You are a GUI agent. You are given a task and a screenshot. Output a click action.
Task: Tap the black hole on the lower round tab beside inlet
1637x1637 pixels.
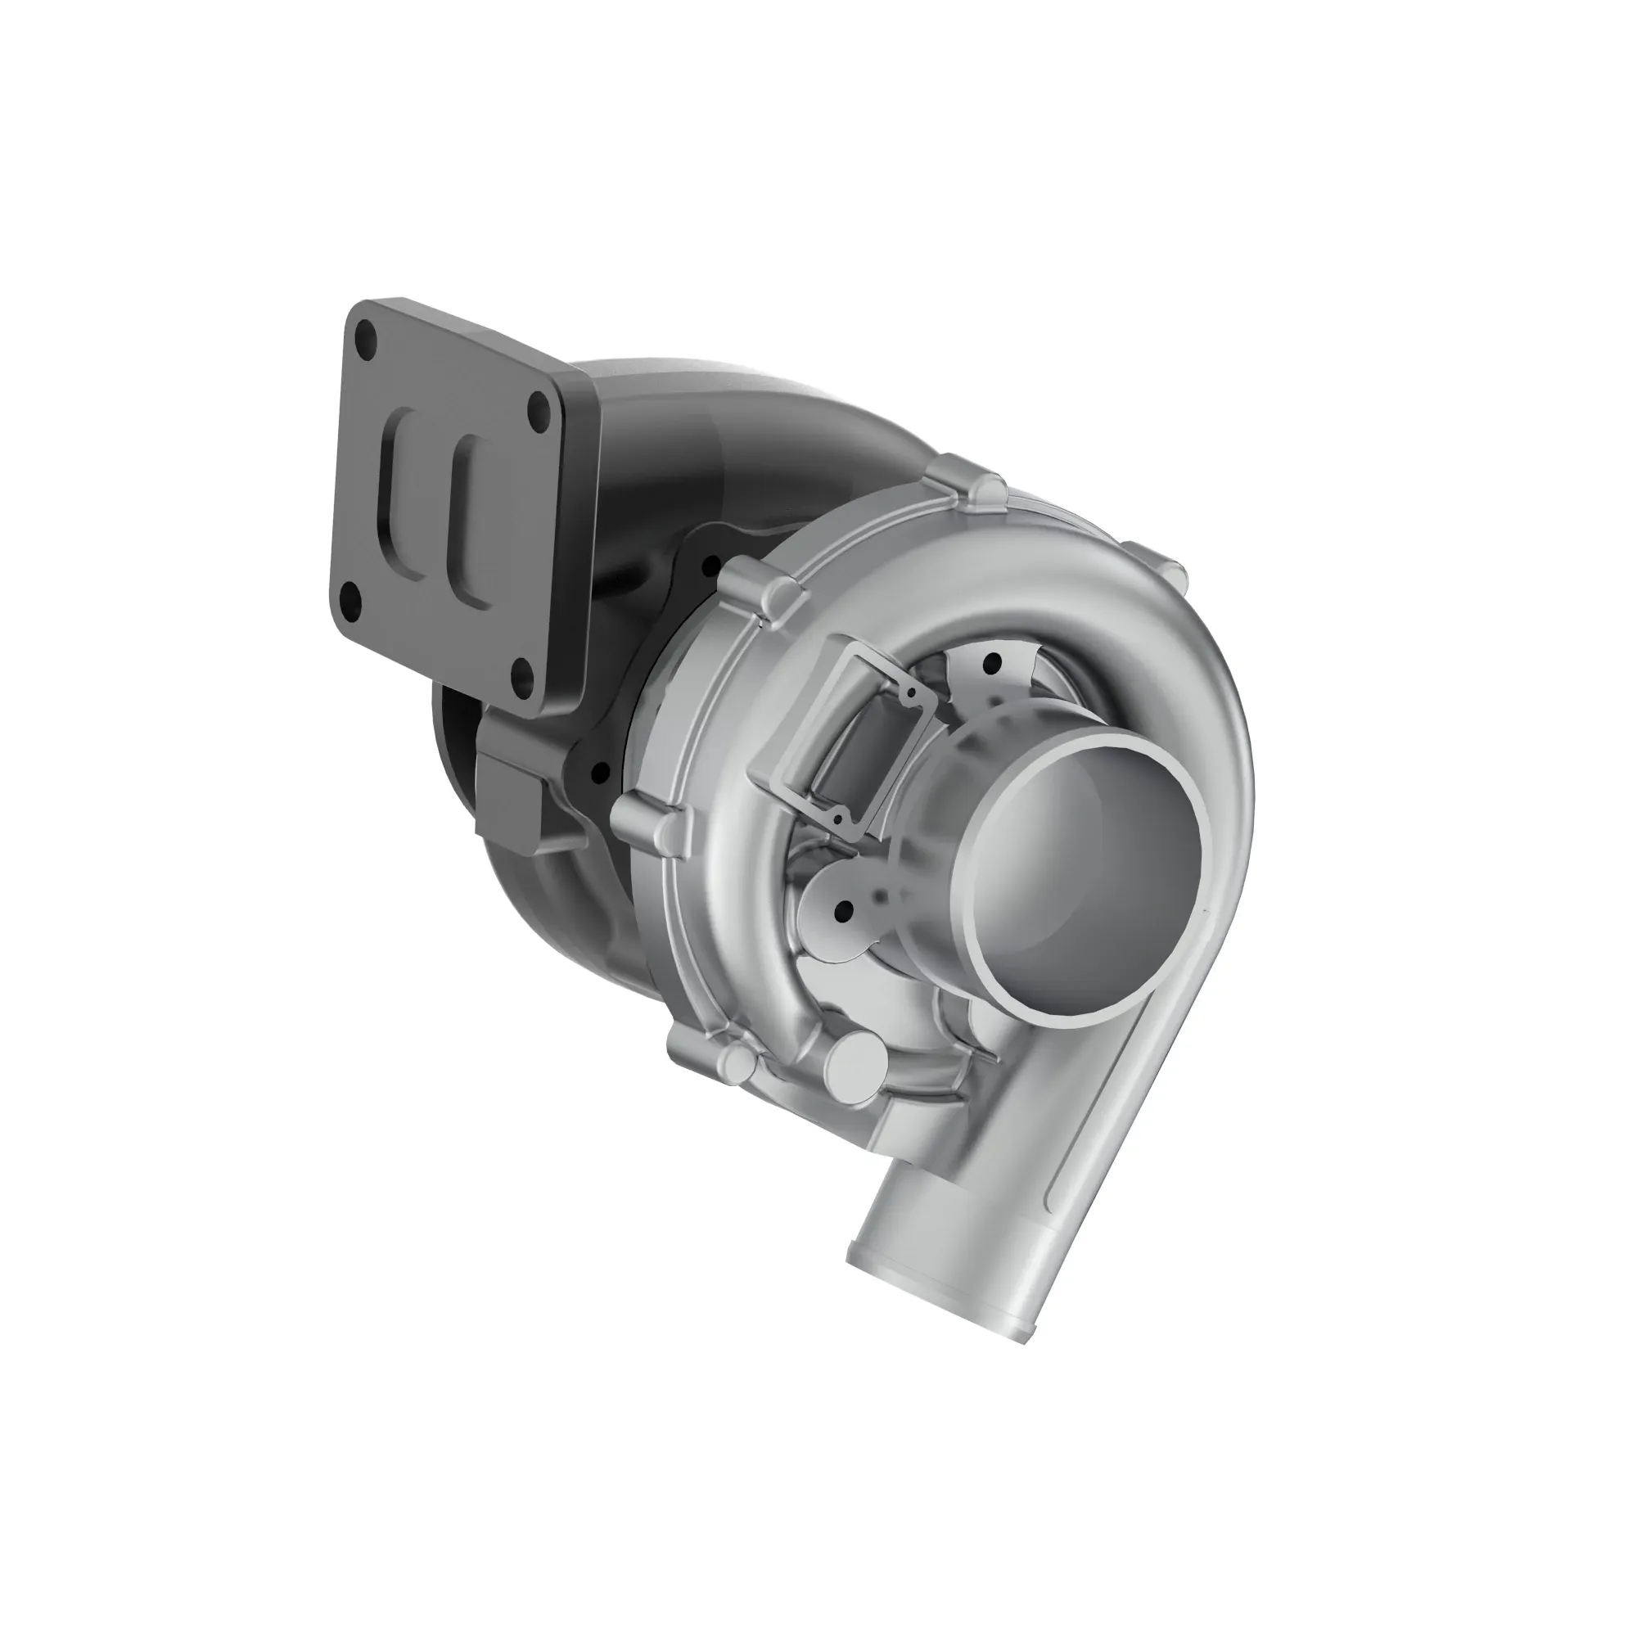point(842,912)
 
